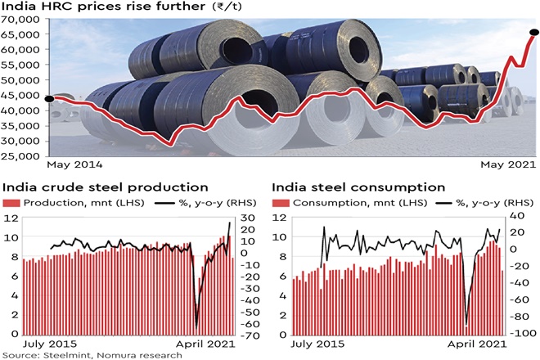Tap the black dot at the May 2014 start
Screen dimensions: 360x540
pyautogui.click(x=49, y=100)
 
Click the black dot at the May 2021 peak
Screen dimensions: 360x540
pyautogui.click(x=534, y=33)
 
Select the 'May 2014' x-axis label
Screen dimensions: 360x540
pyautogui.click(x=75, y=164)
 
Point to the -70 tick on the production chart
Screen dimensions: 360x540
pyautogui.click(x=249, y=335)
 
